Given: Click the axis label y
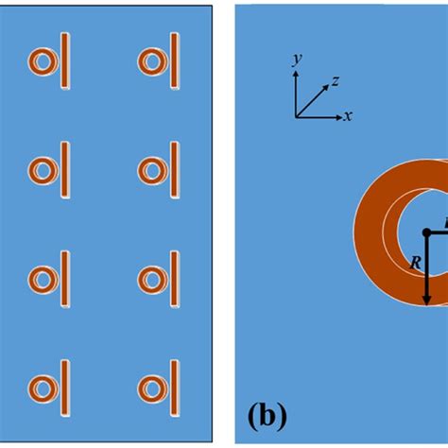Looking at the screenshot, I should (x=297, y=59).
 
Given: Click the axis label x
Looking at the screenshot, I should (x=349, y=116).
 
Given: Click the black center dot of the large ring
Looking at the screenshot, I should (x=427, y=232).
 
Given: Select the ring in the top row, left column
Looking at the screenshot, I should (x=42, y=61).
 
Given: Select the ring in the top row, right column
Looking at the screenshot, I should (x=151, y=61).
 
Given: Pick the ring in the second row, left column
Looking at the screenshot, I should (x=42, y=171).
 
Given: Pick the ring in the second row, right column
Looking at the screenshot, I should (x=151, y=171).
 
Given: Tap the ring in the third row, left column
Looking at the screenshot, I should (x=42, y=280).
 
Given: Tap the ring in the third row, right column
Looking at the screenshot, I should (x=151, y=280).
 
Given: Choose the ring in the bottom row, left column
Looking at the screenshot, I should (x=42, y=388).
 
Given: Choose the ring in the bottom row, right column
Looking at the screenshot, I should (x=151, y=388).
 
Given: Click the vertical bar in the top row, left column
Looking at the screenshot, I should (x=65, y=61).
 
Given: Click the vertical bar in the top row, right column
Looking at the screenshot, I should (x=175, y=61).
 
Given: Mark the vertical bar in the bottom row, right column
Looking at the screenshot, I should (x=175, y=388).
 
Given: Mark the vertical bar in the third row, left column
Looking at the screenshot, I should (x=65, y=280).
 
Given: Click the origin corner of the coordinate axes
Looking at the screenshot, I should (x=297, y=116).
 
